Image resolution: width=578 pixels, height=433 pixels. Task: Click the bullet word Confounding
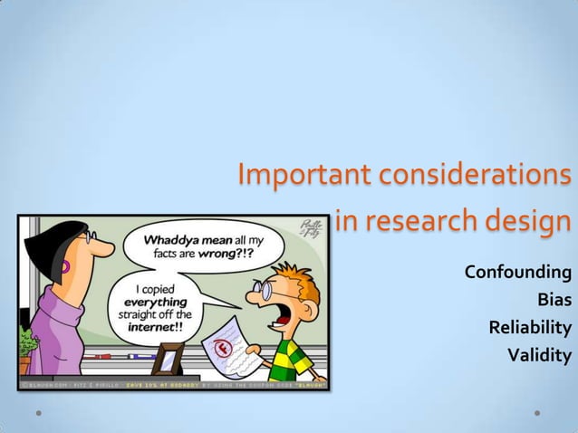pyautogui.click(x=517, y=272)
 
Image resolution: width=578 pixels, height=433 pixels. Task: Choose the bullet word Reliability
pyautogui.click(x=530, y=327)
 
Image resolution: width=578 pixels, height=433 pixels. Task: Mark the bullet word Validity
pyautogui.click(x=539, y=354)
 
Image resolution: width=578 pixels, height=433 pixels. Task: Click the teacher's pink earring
pyautogui.click(x=65, y=269)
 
